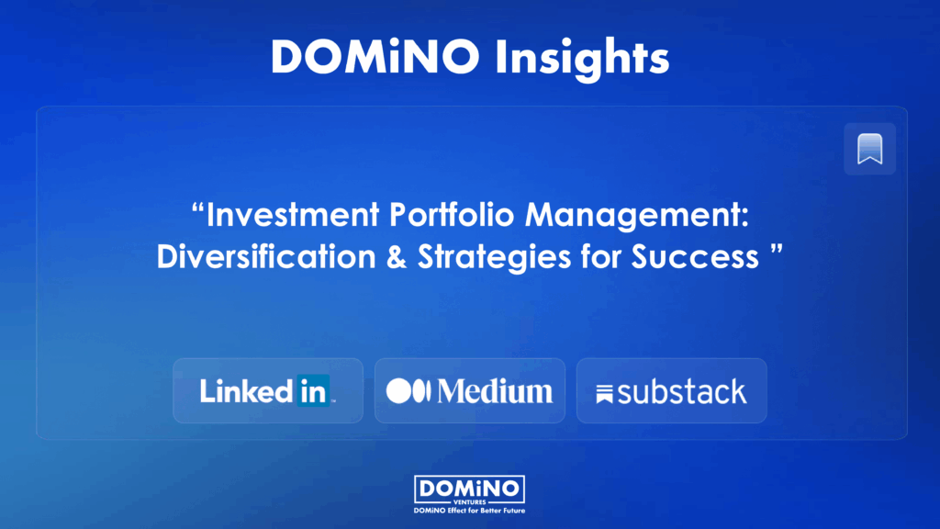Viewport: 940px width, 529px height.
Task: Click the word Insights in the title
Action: pos(582,58)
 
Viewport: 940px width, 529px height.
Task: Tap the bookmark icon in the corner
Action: pos(870,149)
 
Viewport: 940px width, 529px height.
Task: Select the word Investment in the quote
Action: pos(293,214)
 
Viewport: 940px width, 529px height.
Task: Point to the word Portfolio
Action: pos(452,214)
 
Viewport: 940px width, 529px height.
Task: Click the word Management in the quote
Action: pos(637,215)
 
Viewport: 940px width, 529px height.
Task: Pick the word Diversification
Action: pos(266,256)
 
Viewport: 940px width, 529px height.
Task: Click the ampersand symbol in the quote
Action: pos(397,257)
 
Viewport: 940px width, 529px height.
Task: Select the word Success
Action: pos(695,257)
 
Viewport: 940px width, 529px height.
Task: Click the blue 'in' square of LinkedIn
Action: pos(313,391)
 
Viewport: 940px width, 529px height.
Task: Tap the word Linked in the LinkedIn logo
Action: pos(247,391)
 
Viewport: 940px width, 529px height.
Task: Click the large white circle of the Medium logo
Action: pos(398,391)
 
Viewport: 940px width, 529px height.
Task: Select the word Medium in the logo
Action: pos(495,391)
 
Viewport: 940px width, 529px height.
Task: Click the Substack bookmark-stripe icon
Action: pos(604,394)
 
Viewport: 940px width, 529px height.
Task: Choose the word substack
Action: pos(682,392)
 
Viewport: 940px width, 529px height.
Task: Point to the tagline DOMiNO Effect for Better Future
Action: pos(469,511)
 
